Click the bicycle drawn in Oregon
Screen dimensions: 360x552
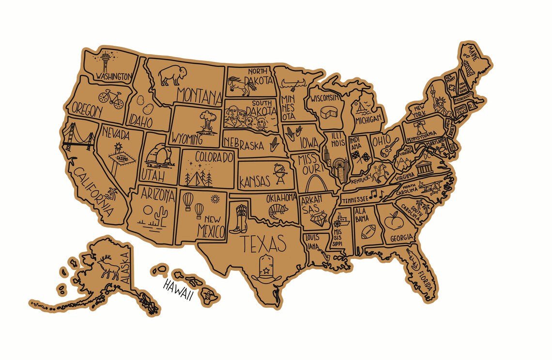110,98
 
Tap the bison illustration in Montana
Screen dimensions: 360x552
173,75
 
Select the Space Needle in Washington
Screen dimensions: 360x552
107,62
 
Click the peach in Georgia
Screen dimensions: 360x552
392,222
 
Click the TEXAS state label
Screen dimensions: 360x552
264,244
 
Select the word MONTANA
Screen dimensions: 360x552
199,94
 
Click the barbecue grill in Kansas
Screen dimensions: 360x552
280,173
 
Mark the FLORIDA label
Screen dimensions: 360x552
424,275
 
